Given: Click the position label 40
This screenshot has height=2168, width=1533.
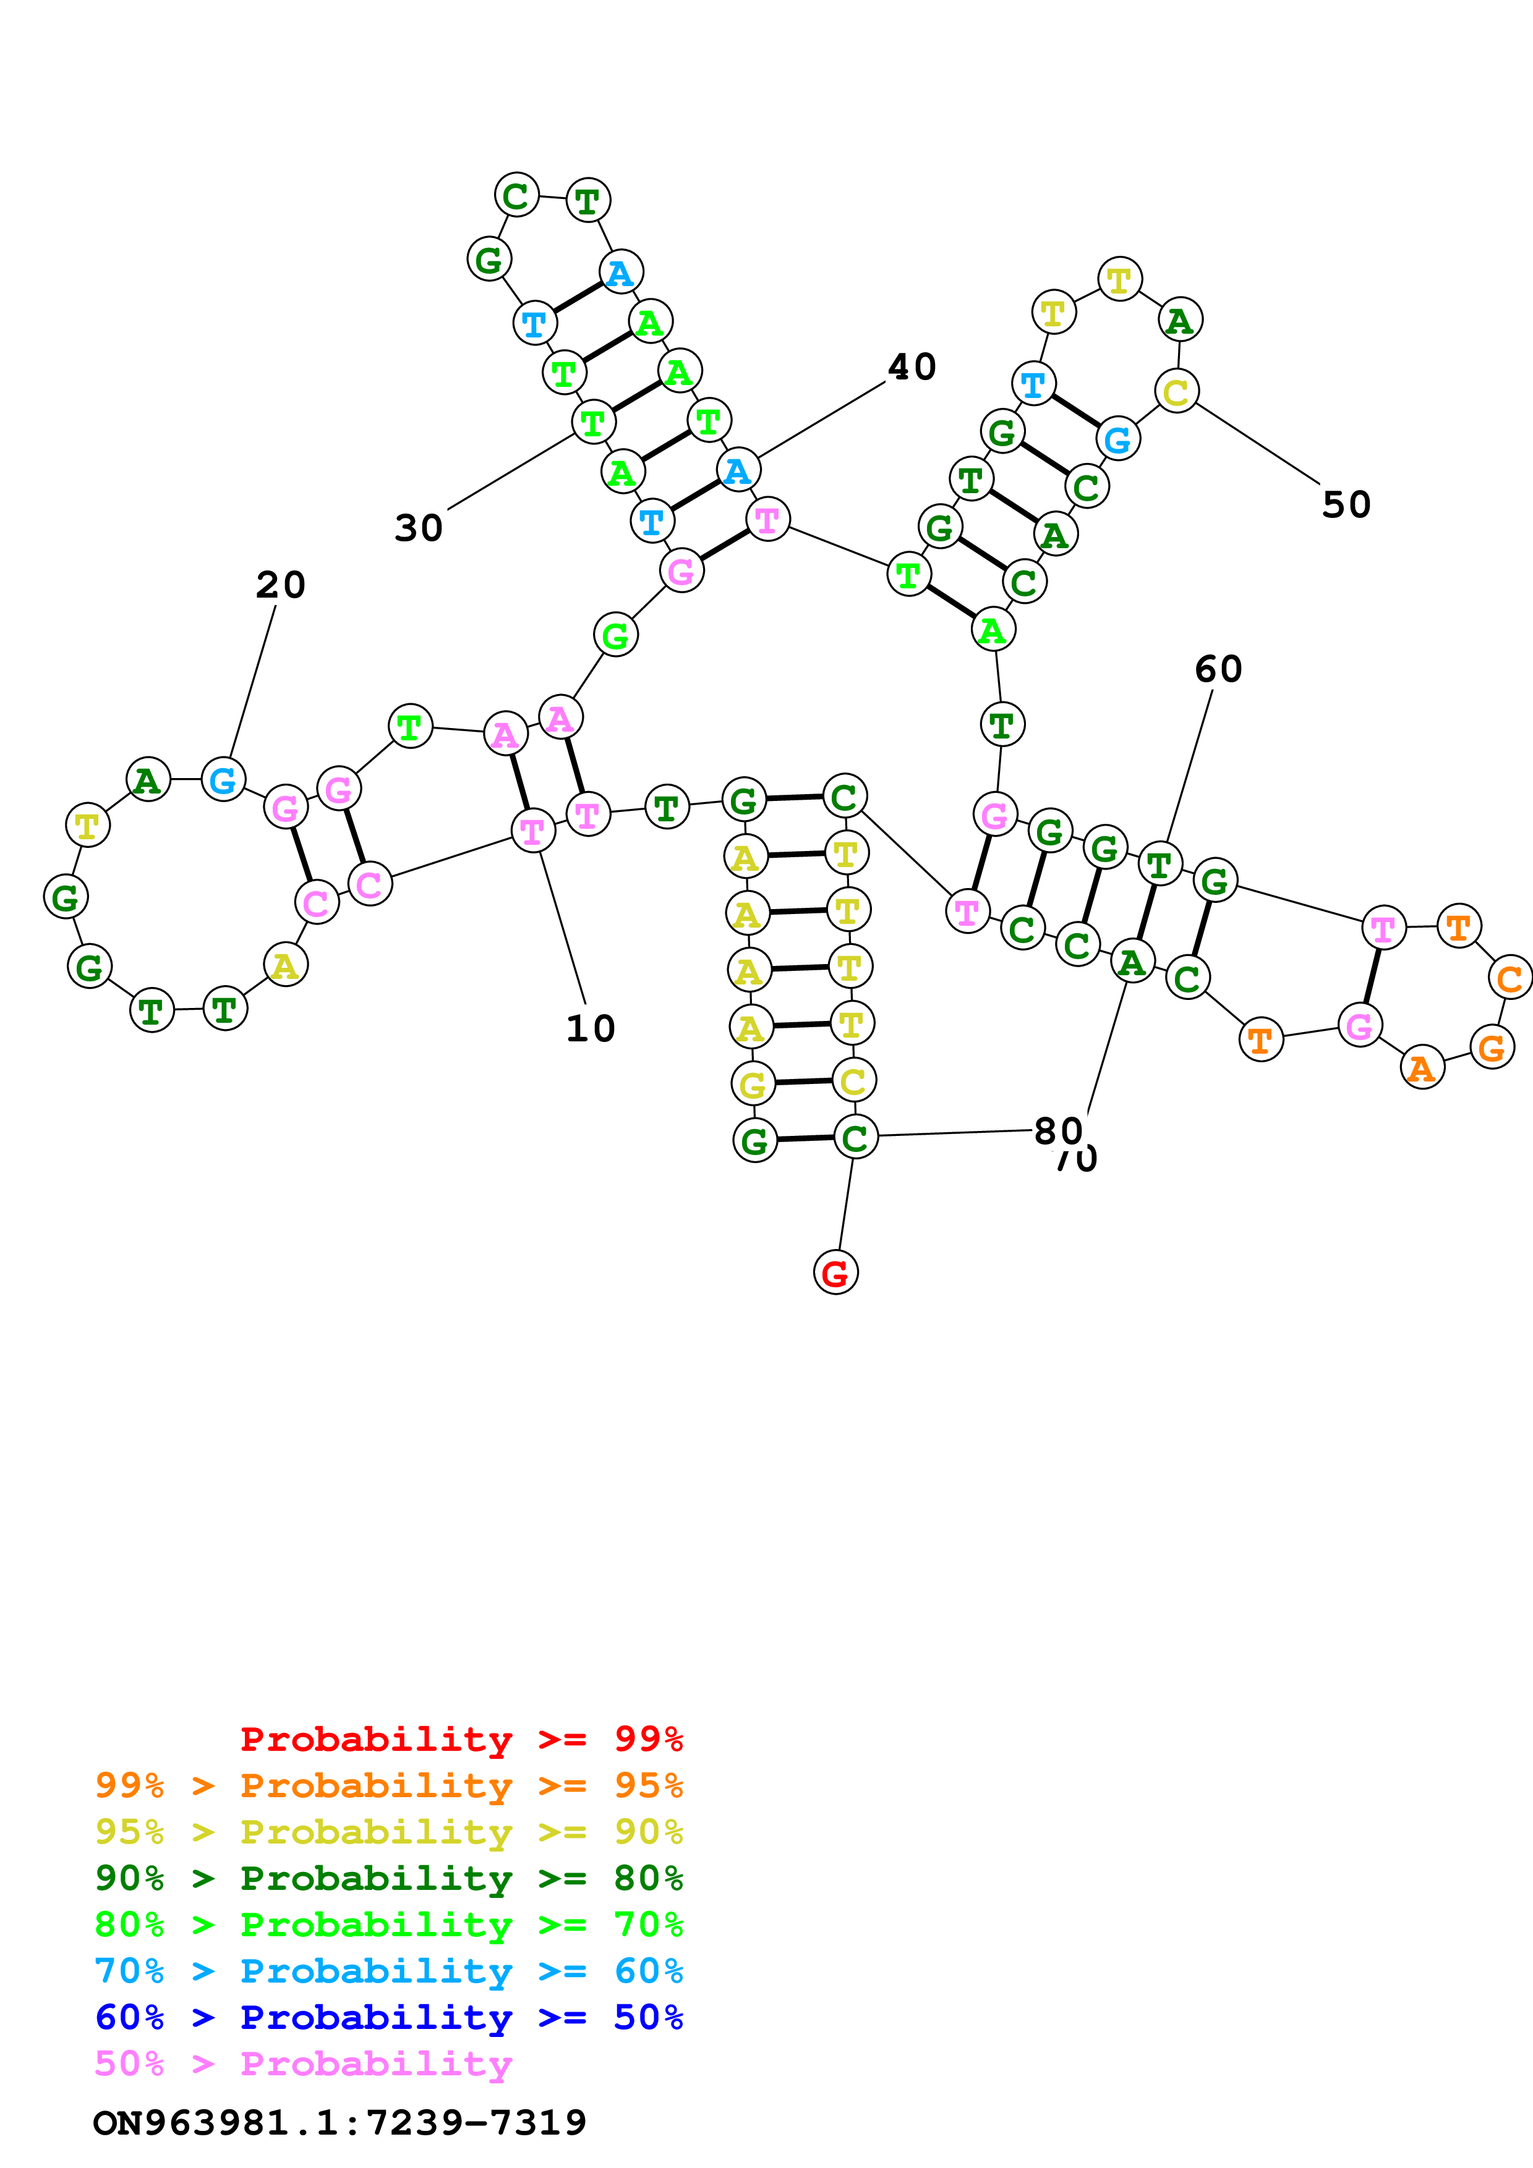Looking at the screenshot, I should (x=912, y=367).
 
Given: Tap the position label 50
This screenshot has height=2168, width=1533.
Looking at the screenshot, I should (x=1346, y=505).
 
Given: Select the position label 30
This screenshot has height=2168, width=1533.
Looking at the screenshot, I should (x=419, y=528).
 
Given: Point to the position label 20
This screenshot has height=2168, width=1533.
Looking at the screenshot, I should (x=281, y=585).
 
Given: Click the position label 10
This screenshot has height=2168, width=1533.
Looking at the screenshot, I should (x=591, y=1029).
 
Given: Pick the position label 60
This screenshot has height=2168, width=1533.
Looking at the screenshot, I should (x=1218, y=669).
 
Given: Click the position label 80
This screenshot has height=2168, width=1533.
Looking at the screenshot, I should (x=1058, y=1130).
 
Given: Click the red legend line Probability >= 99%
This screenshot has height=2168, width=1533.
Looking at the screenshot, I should (x=461, y=1738).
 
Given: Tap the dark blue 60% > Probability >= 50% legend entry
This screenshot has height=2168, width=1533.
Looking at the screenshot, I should (x=389, y=2017).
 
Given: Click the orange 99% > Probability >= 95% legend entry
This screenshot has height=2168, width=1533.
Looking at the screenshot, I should (x=389, y=1785).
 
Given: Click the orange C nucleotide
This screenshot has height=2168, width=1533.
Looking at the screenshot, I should (x=1510, y=978).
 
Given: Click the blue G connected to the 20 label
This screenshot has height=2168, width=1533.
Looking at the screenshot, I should (x=223, y=780).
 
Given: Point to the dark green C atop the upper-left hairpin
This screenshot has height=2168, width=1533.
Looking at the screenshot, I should (x=516, y=195).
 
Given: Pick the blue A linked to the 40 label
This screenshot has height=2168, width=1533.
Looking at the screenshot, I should (x=738, y=469).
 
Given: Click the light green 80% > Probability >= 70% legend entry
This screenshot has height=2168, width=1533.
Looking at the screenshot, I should (x=389, y=1925).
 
